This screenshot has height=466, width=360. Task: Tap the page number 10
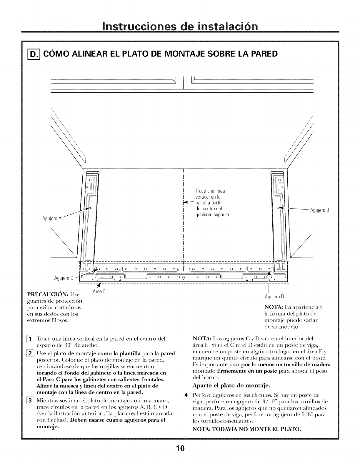click(x=180, y=449)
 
